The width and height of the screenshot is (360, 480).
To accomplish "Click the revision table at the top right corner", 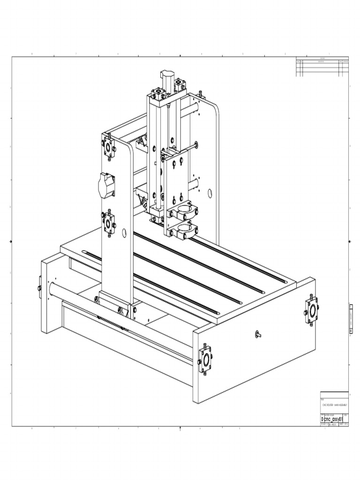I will coord(322,67).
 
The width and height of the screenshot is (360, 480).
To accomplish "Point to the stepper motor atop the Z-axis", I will coord(167,77).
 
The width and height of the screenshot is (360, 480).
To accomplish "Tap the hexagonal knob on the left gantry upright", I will coord(106,185).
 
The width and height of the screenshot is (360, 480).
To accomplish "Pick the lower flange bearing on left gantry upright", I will coord(109,224).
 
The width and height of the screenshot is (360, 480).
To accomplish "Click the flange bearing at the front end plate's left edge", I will coord(205,360).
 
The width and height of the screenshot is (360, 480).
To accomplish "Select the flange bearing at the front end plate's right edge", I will coord(312,310).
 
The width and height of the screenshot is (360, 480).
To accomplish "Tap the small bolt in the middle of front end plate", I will coord(257,334).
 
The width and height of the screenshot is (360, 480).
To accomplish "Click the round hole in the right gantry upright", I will coord(210,193).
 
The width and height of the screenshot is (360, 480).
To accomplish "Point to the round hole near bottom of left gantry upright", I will coord(124,232).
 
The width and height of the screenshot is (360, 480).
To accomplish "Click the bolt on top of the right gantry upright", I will coord(201,94).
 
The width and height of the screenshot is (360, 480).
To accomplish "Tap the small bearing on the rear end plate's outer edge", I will coord(39,287).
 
